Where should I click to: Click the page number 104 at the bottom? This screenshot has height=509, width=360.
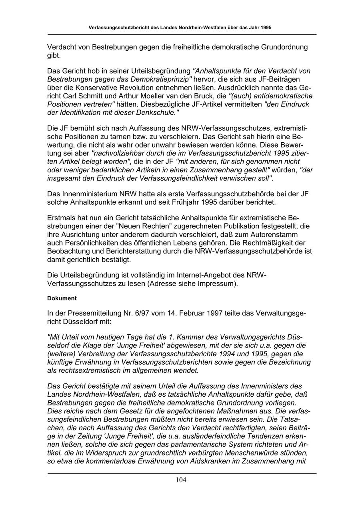pyautogui.click(x=181, y=480)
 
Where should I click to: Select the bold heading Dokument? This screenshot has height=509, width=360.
pyautogui.click(x=62, y=298)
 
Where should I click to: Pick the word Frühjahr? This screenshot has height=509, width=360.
pyautogui.click(x=174, y=202)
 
